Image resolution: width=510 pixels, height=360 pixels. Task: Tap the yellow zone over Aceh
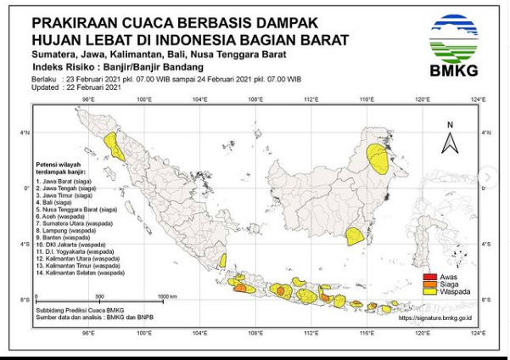(113, 146)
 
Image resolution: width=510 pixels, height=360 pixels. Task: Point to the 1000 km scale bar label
(167, 296)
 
